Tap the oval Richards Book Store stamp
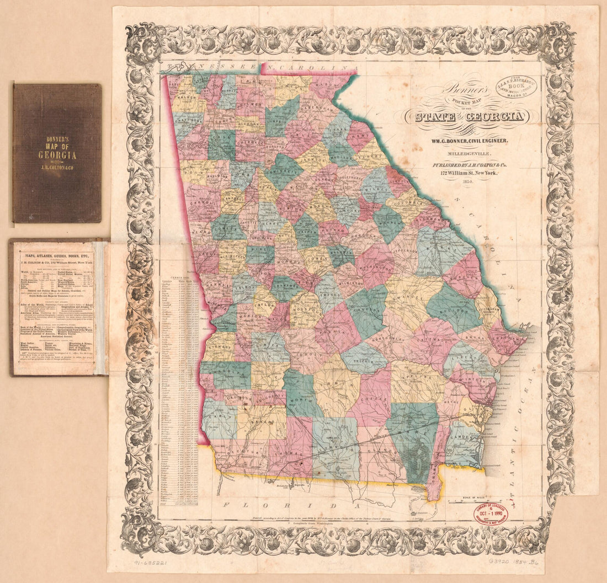tap(517, 86)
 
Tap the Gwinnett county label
tap(283, 172)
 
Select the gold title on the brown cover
tap(57, 151)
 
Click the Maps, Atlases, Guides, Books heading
tap(58, 255)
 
